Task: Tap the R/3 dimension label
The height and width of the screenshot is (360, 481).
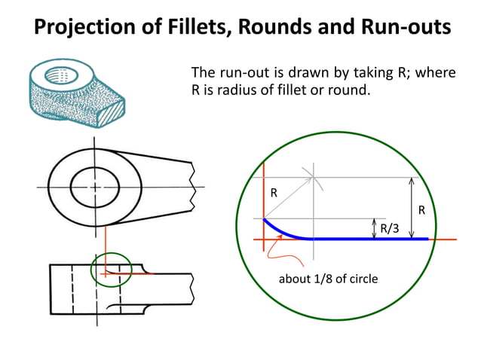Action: (x=390, y=228)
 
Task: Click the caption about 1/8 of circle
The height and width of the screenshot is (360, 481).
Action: (x=328, y=279)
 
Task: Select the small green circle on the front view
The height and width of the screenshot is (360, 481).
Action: (x=112, y=270)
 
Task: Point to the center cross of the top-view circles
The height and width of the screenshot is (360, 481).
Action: (x=94, y=185)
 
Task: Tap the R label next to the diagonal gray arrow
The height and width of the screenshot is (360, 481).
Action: (x=274, y=193)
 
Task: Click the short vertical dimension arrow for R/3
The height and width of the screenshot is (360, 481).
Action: (x=375, y=228)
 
